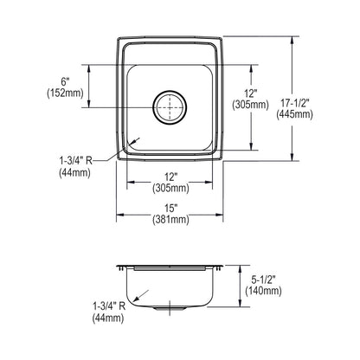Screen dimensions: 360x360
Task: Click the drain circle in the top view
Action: (x=170, y=91)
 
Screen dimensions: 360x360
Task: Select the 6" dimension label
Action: (x=66, y=82)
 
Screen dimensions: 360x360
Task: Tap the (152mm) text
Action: (x=65, y=93)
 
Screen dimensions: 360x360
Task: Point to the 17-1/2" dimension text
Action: (x=294, y=103)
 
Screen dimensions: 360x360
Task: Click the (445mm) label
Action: (x=294, y=114)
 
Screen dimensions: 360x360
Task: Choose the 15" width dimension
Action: (x=171, y=209)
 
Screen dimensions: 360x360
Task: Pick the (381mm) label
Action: (x=171, y=220)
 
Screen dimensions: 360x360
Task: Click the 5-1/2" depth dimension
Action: (x=263, y=280)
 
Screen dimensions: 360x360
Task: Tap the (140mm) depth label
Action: (x=263, y=291)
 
